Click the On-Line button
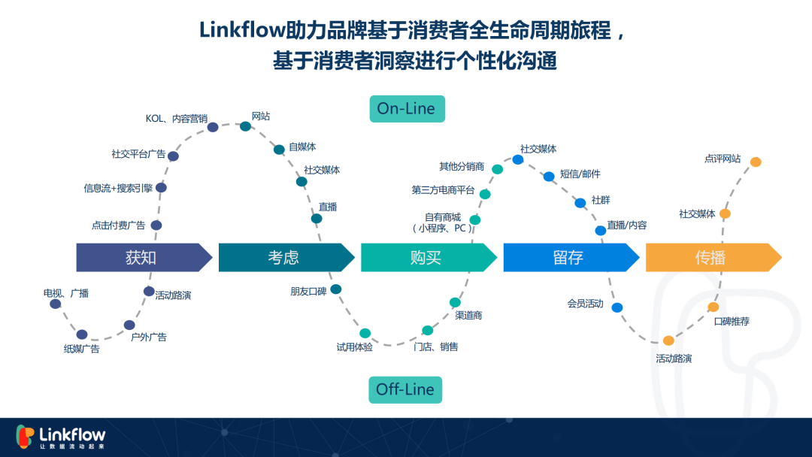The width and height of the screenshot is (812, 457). tap(407, 109)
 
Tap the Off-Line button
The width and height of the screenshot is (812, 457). tap(405, 389)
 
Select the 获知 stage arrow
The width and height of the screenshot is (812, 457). tap(144, 257)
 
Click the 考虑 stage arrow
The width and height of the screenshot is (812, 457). tap(286, 257)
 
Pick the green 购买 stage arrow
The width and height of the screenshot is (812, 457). tap(429, 257)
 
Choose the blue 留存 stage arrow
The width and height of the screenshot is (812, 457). tap(571, 257)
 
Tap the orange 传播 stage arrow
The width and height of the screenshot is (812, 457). tap(714, 257)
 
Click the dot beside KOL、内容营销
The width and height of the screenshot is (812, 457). tap(213, 127)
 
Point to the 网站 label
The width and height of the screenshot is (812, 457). tap(261, 117)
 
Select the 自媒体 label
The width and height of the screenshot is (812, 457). tap(302, 147)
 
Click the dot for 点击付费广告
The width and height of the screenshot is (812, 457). tap(156, 225)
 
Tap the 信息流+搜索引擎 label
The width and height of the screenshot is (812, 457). tap(118, 189)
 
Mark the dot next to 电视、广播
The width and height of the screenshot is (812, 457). tap(56, 304)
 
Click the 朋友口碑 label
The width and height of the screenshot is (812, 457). tap(308, 292)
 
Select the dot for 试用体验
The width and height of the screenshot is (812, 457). tap(365, 333)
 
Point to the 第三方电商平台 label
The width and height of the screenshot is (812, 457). tap(443, 190)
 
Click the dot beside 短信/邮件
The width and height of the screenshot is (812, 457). tap(549, 177)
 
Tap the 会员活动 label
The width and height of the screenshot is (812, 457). tap(585, 304)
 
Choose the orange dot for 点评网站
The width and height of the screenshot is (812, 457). tap(756, 162)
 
